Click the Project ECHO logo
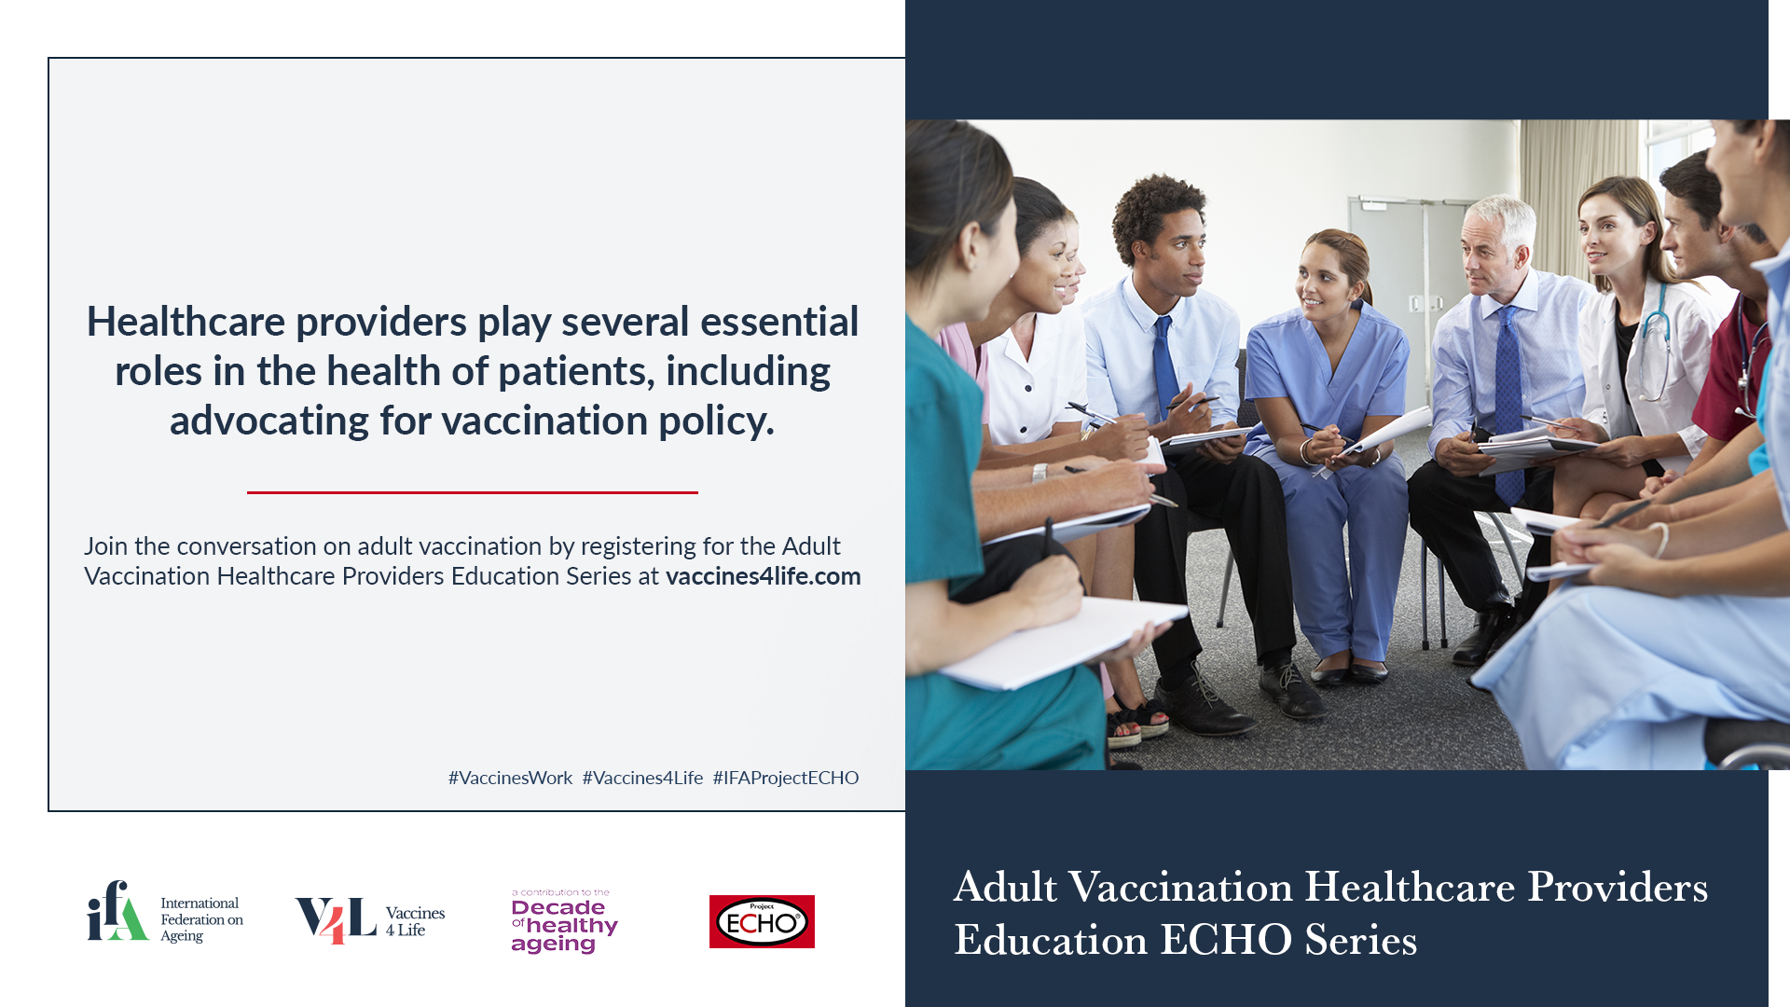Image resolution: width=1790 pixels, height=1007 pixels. pos(762,921)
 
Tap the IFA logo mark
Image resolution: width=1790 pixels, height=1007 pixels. pos(117,911)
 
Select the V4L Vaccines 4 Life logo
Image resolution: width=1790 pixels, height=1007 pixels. pos(370,920)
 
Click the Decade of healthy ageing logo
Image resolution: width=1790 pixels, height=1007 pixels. pos(564,921)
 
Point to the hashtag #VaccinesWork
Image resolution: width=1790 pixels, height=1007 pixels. pos(510,778)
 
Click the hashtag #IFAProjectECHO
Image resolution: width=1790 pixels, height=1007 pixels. pos(786,778)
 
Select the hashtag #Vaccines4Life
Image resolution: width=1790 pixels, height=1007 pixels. pos(642,778)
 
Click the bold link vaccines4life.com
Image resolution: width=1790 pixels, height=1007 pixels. pos(763,576)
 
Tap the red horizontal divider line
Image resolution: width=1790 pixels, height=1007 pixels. pos(473,492)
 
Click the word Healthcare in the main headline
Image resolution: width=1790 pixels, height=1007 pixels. pos(186,322)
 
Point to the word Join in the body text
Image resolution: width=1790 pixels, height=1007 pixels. pos(105,546)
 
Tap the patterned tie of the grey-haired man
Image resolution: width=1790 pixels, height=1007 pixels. pos(1509,401)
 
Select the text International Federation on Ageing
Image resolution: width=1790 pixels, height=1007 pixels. pos(201,919)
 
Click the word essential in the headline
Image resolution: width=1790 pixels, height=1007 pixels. pos(779,322)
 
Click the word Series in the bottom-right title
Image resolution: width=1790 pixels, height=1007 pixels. pos(1361,940)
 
